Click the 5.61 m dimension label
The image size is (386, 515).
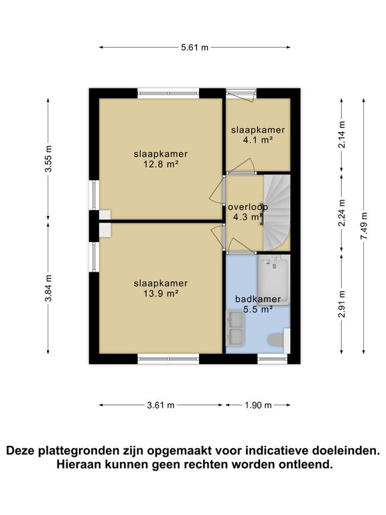pyautogui.click(x=194, y=48)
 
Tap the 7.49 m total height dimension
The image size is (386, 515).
pyautogui.click(x=364, y=226)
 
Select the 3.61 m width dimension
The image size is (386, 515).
pyautogui.click(x=161, y=405)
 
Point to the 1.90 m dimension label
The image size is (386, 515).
pyautogui.click(x=258, y=405)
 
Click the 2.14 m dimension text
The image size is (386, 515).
pyautogui.click(x=342, y=134)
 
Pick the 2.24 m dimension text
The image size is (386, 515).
pyautogui.click(x=342, y=213)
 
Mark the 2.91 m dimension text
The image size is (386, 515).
pyautogui.click(x=342, y=304)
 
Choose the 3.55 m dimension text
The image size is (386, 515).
pyautogui.click(x=48, y=158)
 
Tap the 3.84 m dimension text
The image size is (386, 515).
pyautogui.click(x=48, y=288)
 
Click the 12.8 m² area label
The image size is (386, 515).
pyautogui.click(x=161, y=164)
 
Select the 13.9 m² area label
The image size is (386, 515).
pyautogui.click(x=161, y=293)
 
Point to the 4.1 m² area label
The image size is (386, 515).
pyautogui.click(x=258, y=140)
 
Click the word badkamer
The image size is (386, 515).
pyautogui.click(x=258, y=299)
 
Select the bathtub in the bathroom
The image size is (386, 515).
pyautogui.click(x=273, y=280)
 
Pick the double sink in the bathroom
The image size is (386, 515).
pyautogui.click(x=235, y=329)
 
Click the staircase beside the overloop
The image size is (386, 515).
pyautogui.click(x=277, y=213)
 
